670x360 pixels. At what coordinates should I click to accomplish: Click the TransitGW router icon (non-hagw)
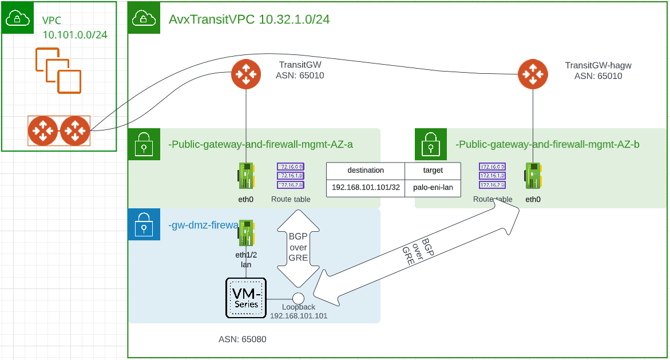[x=246, y=74]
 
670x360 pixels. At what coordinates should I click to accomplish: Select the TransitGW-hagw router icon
[x=533, y=74]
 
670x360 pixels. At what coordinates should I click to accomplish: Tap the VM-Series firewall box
[x=246, y=298]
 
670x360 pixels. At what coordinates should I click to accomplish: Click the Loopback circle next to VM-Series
[x=298, y=298]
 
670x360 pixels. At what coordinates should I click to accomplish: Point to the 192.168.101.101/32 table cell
[x=366, y=188]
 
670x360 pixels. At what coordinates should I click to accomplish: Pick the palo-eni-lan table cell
[x=433, y=188]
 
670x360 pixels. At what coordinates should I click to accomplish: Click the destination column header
[x=366, y=171]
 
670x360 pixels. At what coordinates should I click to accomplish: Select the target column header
[x=433, y=171]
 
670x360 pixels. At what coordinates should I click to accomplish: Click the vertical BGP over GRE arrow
[x=298, y=249]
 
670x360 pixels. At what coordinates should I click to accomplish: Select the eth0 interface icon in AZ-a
[x=247, y=176]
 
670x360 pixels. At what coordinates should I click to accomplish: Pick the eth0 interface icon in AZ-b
[x=533, y=176]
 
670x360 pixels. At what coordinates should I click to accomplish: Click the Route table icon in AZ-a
[x=291, y=176]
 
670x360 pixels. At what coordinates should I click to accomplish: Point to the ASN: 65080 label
[x=242, y=339]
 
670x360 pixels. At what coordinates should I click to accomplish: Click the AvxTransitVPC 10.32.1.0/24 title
[x=249, y=19]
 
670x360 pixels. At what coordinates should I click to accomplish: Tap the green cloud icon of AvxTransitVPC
[x=141, y=19]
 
